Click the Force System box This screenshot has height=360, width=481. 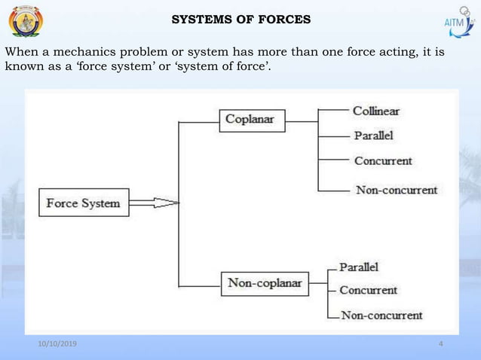click(x=84, y=203)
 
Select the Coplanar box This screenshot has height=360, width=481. click(x=250, y=120)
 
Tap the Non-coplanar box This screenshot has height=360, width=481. click(x=265, y=284)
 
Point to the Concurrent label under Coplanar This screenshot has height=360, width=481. click(x=383, y=161)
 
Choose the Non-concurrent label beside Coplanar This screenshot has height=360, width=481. click(x=397, y=190)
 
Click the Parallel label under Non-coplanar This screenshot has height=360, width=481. click(x=359, y=267)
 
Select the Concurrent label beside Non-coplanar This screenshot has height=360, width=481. click(x=369, y=290)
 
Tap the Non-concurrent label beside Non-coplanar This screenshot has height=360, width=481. click(x=381, y=316)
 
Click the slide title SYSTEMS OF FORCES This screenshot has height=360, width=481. click(x=240, y=20)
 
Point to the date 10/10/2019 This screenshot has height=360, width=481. click(x=62, y=344)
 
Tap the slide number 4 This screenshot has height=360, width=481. click(x=440, y=344)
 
